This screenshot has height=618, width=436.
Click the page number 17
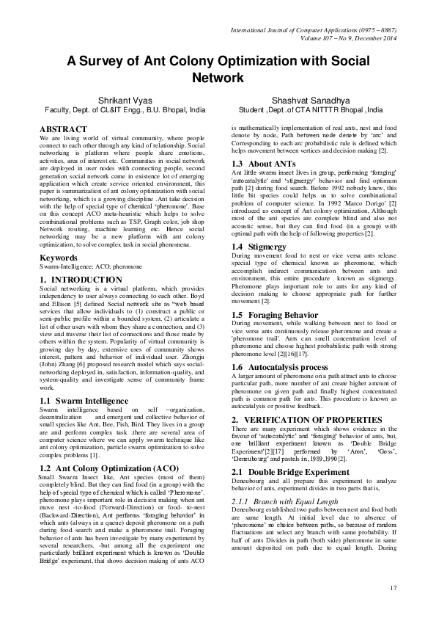click(x=393, y=586)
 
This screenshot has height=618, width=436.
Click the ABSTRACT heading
click(x=64, y=129)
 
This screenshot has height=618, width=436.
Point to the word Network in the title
click(x=218, y=76)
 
